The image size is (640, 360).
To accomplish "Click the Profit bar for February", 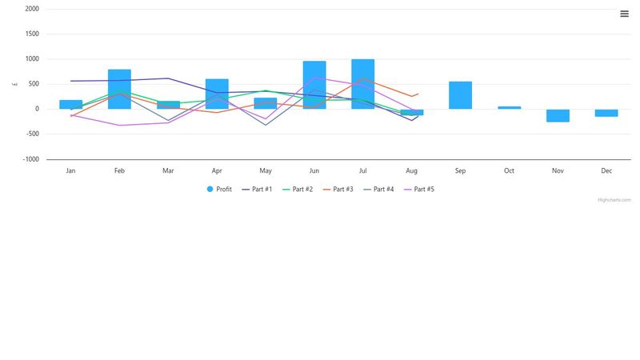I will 119,89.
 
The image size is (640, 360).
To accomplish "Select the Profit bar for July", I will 362,84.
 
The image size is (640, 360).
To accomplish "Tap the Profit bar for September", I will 460,95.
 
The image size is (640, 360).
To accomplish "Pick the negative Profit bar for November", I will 558,115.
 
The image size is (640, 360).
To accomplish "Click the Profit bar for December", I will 606,113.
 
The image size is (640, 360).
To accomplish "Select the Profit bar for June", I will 314,85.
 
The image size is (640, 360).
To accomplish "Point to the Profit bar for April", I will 217,94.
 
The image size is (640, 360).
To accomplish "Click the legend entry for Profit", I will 219,190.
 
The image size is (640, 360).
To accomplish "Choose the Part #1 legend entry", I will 257,190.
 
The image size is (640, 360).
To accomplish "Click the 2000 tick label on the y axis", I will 32,9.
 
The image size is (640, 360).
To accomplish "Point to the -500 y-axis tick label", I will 31,134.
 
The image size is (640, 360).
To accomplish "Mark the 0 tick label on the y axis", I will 37,109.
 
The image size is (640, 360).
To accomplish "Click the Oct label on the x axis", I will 509,170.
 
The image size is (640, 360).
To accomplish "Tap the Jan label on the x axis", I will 70,170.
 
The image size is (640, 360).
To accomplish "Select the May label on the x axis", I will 266,170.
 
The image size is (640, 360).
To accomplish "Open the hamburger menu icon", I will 624,13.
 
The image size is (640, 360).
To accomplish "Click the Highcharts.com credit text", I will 614,200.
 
